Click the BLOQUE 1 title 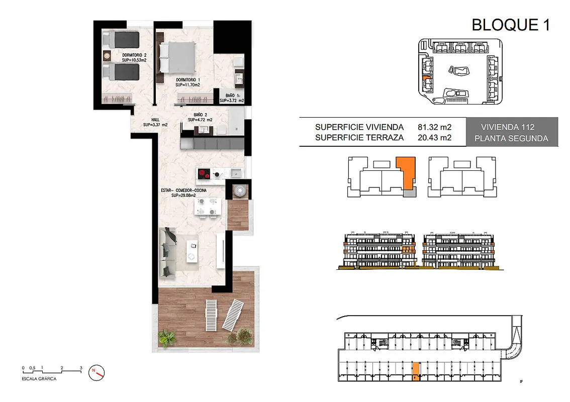(511, 25)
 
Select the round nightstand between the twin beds (107, 56)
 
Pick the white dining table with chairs (208, 208)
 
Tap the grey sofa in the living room (167, 252)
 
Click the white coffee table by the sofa (193, 251)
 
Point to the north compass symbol (97, 372)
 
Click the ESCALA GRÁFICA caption (39, 379)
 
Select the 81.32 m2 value (434, 127)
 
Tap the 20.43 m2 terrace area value (434, 138)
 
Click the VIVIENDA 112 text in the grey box (508, 127)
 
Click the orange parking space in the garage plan (416, 371)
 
